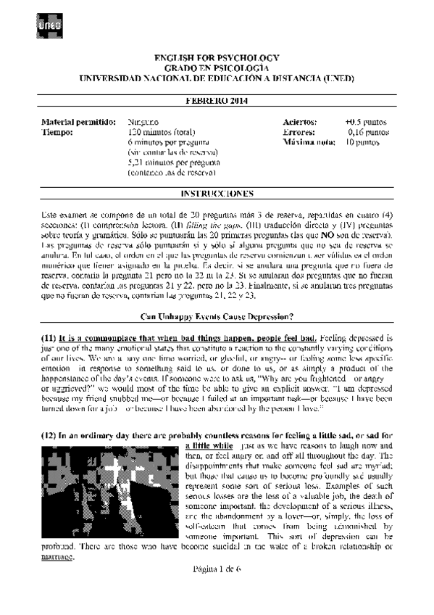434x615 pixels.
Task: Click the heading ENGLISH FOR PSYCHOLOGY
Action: click(x=217, y=57)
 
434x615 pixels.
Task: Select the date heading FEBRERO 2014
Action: click(x=217, y=100)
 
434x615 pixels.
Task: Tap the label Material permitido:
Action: click(x=78, y=123)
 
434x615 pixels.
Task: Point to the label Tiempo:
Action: click(x=59, y=133)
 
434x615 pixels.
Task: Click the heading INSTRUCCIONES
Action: click(x=217, y=194)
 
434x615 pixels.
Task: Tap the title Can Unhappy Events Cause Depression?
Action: click(x=217, y=295)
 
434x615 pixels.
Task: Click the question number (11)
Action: click(x=48, y=318)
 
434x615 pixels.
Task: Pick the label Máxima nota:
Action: click(x=309, y=144)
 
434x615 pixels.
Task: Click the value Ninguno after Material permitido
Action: click(x=143, y=123)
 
